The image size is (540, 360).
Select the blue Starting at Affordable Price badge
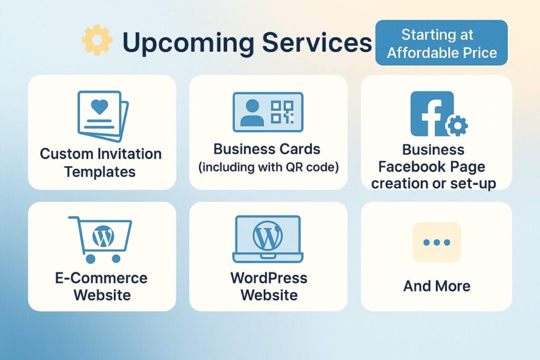tap(441, 43)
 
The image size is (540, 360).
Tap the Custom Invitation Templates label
tap(101, 163)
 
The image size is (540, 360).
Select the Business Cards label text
tap(267, 149)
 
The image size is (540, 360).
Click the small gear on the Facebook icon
tap(456, 125)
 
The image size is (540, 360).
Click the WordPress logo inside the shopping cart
tap(103, 237)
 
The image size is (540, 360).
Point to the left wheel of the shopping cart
tap(90, 258)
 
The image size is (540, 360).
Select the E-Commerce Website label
tap(101, 286)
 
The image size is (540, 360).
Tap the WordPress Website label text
tap(268, 286)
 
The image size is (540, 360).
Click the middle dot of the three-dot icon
tap(437, 242)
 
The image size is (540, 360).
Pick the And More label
tap(437, 286)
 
